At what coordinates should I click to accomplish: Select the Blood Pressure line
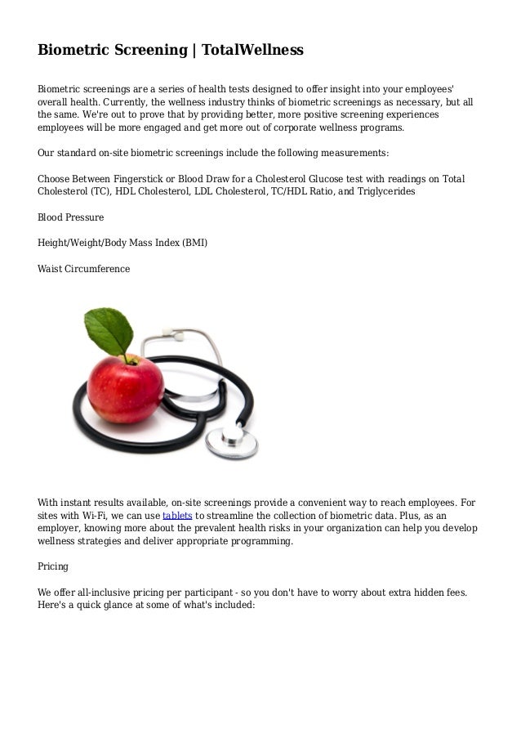click(71, 218)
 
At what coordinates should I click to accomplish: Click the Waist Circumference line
click(84, 267)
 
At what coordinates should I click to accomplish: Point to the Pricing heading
click(54, 566)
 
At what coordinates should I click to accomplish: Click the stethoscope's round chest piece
click(229, 442)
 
